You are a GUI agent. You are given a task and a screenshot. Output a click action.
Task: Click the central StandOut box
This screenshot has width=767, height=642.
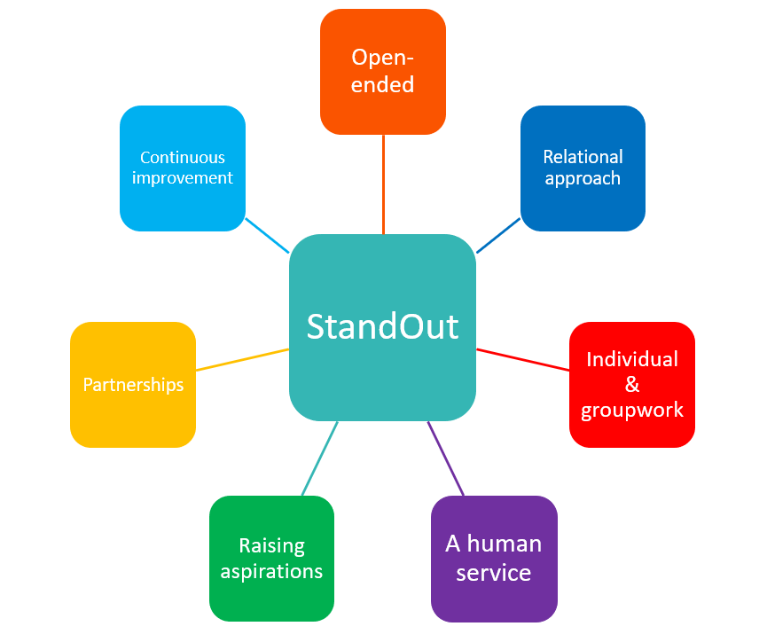[x=382, y=327]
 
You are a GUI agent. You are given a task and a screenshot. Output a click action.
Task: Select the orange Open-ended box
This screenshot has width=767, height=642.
[x=382, y=71]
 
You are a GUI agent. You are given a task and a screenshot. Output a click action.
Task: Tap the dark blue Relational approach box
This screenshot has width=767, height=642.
[x=583, y=168]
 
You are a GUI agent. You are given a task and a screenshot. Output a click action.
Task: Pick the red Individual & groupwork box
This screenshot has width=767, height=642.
[x=631, y=384]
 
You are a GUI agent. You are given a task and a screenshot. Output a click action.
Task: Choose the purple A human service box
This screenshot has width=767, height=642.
[x=493, y=558]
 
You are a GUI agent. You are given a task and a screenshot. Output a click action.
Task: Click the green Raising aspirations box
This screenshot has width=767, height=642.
[x=271, y=558]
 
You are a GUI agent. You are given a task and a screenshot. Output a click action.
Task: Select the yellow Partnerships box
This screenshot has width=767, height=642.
[x=132, y=384]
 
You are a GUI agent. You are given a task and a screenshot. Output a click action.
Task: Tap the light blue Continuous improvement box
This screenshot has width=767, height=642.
[x=182, y=168]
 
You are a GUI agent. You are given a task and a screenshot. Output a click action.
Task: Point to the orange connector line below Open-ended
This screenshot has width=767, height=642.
[x=383, y=184]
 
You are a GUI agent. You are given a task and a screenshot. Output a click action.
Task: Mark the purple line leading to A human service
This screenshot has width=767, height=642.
[x=447, y=458]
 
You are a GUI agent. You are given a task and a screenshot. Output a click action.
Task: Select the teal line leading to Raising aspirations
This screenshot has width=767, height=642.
[x=319, y=458]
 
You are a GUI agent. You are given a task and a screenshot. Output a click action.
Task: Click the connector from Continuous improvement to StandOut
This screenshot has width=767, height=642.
[x=267, y=235]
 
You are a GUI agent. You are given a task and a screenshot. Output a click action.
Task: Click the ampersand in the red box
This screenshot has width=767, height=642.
[x=632, y=384]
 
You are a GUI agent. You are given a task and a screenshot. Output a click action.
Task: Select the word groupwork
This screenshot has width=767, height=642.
[x=632, y=410]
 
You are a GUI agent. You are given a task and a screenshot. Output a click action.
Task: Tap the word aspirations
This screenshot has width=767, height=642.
[x=271, y=570]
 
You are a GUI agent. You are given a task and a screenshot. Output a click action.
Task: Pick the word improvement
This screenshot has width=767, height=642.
[x=183, y=178]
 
